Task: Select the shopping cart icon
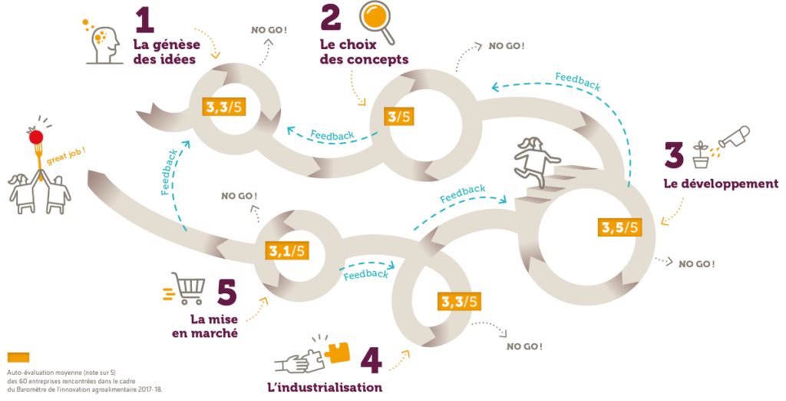186,290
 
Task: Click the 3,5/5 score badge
618,227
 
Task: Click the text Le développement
720,184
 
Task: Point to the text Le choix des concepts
362,51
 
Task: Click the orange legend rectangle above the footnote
18,356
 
